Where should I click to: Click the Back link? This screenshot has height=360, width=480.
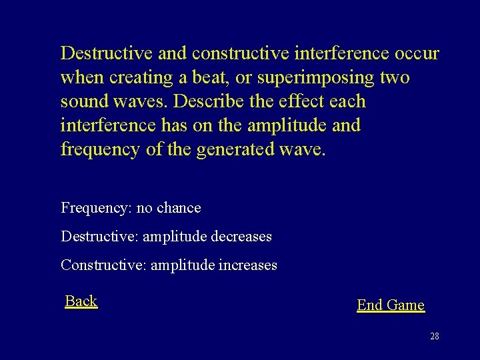(x=81, y=301)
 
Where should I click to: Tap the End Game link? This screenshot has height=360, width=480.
(x=391, y=305)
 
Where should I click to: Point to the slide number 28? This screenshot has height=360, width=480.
(x=435, y=337)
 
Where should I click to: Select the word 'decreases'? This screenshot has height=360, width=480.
(x=239, y=237)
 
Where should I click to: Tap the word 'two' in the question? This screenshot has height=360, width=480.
(x=394, y=77)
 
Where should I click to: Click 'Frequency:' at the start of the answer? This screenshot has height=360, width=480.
(x=96, y=208)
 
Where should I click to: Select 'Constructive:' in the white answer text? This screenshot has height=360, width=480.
(x=103, y=265)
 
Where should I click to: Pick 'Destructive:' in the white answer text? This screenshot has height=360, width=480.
(x=99, y=237)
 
